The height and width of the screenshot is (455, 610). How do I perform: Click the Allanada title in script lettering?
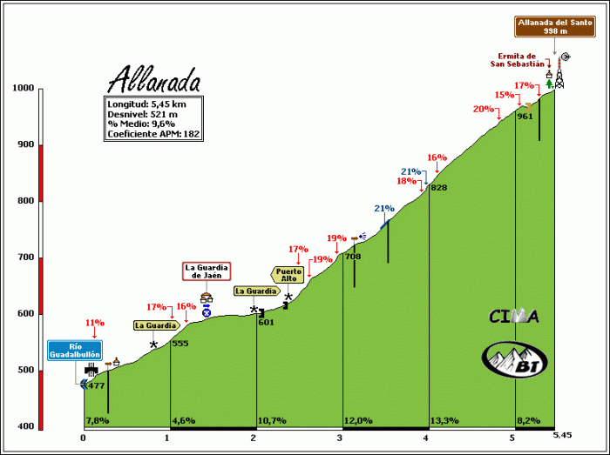tap(154, 81)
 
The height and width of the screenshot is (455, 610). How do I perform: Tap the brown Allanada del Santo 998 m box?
tap(544, 25)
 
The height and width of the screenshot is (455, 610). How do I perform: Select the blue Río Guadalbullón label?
tap(75, 351)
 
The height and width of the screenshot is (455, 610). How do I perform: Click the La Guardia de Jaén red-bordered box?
tap(206, 271)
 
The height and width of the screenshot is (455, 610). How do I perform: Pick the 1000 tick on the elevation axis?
tap(23, 89)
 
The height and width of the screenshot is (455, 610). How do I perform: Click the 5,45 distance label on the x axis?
tap(563, 434)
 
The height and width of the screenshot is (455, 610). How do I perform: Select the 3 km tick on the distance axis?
tap(339, 437)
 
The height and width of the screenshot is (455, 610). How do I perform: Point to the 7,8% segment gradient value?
tap(98, 421)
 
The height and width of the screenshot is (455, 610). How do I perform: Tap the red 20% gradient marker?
tap(483, 110)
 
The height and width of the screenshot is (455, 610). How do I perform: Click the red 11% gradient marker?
tap(94, 323)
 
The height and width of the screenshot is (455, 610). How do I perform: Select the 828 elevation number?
tap(438, 188)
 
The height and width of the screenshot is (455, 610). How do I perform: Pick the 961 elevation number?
tap(525, 115)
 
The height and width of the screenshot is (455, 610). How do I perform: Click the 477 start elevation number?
tap(96, 385)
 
